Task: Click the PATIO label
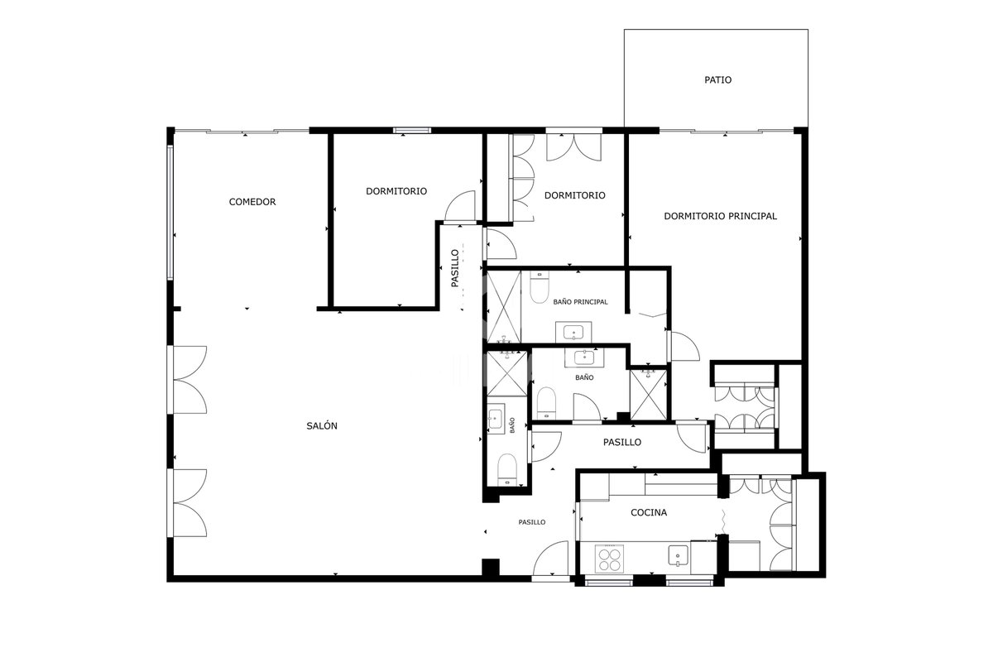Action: pyautogui.click(x=717, y=79)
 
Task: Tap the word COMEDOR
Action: pyautogui.click(x=252, y=202)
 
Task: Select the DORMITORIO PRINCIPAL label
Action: pyautogui.click(x=721, y=216)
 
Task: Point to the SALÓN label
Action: pyautogui.click(x=322, y=425)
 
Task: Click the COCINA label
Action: pyautogui.click(x=649, y=512)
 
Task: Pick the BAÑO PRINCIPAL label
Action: pyautogui.click(x=580, y=301)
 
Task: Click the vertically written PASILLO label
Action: pyautogui.click(x=455, y=268)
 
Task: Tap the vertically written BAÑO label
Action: pyautogui.click(x=512, y=425)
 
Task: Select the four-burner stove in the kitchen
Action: pyautogui.click(x=609, y=559)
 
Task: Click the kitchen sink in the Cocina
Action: pyautogui.click(x=679, y=555)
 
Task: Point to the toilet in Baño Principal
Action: pyautogui.click(x=539, y=287)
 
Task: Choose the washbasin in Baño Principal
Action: pyautogui.click(x=573, y=332)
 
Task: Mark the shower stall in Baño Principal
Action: pyautogui.click(x=504, y=307)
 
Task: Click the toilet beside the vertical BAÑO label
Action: pyautogui.click(x=507, y=469)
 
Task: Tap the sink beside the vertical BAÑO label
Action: pyautogui.click(x=496, y=419)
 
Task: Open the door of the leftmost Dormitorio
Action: pyautogui.click(x=460, y=206)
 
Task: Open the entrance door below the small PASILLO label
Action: pyautogui.click(x=550, y=559)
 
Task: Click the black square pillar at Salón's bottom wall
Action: pyautogui.click(x=490, y=568)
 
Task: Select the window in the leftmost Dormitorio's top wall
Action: pyautogui.click(x=412, y=131)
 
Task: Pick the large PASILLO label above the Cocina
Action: pyautogui.click(x=622, y=442)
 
